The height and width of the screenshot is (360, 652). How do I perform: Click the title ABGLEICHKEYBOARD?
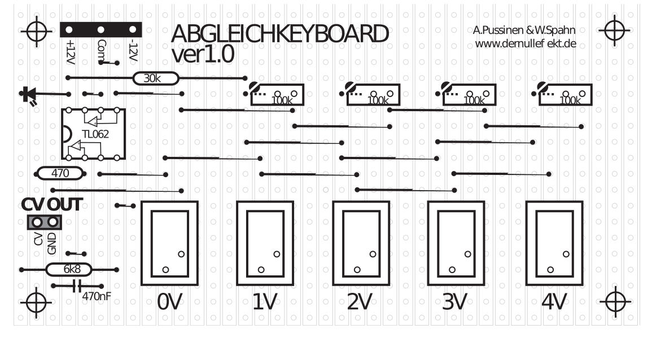pyautogui.click(x=279, y=35)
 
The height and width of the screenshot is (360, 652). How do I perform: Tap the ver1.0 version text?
pyautogui.click(x=203, y=55)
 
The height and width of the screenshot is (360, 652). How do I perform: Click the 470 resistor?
pyautogui.click(x=60, y=173)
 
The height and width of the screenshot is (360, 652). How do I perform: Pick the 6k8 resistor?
pyautogui.click(x=69, y=270)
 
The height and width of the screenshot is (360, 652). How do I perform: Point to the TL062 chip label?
pyautogui.click(x=95, y=134)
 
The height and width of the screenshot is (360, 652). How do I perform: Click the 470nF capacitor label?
pyautogui.click(x=96, y=295)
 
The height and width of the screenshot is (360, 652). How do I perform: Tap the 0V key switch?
pyautogui.click(x=169, y=243)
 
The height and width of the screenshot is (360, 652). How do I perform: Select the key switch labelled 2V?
pyautogui.click(x=360, y=243)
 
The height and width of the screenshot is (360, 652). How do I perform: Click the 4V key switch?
pyautogui.click(x=554, y=243)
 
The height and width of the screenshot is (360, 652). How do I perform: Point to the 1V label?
pyautogui.click(x=264, y=303)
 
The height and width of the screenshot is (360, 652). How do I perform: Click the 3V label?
pyautogui.click(x=454, y=303)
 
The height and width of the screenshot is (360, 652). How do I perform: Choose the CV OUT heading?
pyautogui.click(x=52, y=205)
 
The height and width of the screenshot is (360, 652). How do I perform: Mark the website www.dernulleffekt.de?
pyautogui.click(x=525, y=43)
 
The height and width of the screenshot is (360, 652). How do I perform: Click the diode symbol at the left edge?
pyautogui.click(x=27, y=95)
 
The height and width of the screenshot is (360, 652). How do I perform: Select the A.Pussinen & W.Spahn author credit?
pyautogui.click(x=524, y=30)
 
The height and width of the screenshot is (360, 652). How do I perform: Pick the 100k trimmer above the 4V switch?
pyautogui.click(x=565, y=95)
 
